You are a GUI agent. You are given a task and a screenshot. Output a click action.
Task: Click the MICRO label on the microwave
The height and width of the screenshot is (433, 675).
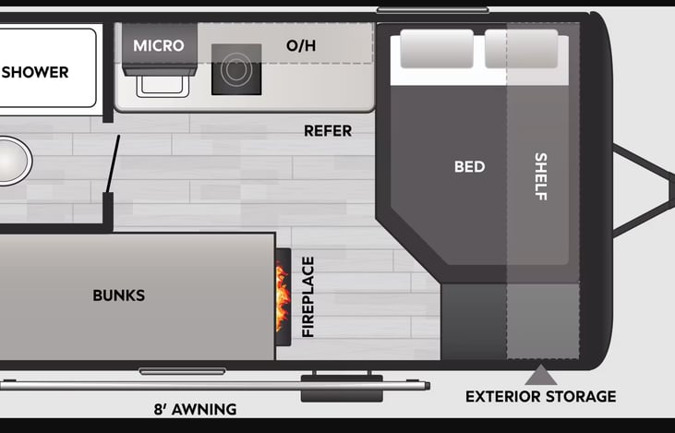click(159, 45)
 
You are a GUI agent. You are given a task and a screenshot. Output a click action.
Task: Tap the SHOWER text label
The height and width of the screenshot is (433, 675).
click(35, 72)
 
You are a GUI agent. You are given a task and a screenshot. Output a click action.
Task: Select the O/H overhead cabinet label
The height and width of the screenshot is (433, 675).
click(301, 45)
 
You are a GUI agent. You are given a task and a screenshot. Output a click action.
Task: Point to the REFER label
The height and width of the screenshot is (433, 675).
click(328, 131)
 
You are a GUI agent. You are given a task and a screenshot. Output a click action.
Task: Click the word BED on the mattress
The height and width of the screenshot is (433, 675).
click(470, 166)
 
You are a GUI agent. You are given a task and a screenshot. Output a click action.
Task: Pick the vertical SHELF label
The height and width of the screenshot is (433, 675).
click(541, 176)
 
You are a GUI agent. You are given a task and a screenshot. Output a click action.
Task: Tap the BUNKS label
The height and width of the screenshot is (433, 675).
click(119, 295)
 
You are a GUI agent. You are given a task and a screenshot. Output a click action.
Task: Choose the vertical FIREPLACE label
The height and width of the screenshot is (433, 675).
click(308, 297)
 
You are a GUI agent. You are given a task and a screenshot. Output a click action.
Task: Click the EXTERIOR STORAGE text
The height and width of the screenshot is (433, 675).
click(541, 396)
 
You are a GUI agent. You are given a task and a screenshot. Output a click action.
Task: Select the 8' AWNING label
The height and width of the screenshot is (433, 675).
click(196, 409)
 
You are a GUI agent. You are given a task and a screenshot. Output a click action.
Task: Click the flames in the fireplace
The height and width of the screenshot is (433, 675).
click(283, 297)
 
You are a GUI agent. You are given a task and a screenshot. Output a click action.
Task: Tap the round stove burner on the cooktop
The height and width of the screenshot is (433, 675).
click(236, 69)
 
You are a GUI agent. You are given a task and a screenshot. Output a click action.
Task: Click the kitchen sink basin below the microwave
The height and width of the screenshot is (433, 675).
click(163, 85)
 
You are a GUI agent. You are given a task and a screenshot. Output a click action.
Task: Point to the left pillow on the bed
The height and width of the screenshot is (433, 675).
click(437, 49)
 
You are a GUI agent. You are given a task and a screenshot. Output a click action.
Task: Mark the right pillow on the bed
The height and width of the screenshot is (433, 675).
click(522, 49)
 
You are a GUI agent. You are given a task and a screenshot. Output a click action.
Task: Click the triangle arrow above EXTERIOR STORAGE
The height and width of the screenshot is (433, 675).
click(541, 376)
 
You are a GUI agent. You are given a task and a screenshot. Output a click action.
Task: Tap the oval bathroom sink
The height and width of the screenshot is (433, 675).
click(13, 161)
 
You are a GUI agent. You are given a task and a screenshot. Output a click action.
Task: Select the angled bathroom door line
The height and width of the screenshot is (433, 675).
click(113, 164)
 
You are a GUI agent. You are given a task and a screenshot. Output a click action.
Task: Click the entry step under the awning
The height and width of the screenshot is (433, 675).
click(342, 389)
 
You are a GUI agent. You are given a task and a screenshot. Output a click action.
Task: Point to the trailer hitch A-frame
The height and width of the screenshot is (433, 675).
click(644, 191)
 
